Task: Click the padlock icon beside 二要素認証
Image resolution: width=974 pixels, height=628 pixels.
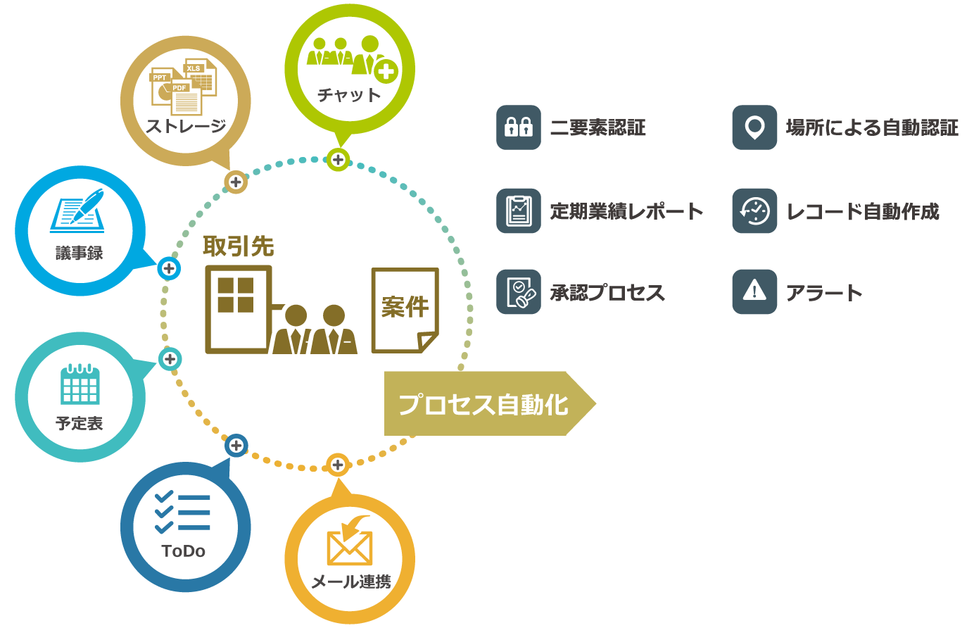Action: [519, 127]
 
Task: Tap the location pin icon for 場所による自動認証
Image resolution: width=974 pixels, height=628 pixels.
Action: [754, 127]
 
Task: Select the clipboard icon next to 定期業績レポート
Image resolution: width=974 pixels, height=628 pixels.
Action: [519, 211]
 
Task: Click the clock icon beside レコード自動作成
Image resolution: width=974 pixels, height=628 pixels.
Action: [754, 211]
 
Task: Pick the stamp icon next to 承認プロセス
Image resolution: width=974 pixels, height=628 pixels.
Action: [519, 292]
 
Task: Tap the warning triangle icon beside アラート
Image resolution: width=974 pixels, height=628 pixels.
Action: [754, 291]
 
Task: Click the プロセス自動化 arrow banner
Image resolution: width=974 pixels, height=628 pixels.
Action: [486, 403]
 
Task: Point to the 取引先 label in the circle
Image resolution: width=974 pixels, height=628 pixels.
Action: [239, 246]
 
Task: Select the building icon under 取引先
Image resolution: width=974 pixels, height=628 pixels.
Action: [237, 308]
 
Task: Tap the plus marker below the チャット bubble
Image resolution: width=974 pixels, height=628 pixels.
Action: [339, 160]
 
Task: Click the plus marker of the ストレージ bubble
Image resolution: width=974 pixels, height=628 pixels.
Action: [236, 182]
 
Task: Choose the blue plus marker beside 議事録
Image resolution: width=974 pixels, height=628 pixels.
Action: [169, 268]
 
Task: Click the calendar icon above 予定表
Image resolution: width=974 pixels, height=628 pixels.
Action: [80, 384]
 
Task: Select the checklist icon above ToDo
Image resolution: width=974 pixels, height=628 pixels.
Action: [183, 513]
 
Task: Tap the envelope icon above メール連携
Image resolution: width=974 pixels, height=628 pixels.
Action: [350, 543]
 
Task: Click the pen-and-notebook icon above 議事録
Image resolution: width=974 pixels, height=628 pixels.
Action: [77, 211]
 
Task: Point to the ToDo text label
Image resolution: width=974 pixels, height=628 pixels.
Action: [184, 551]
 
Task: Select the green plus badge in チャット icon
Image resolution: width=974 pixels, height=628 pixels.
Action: [386, 71]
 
